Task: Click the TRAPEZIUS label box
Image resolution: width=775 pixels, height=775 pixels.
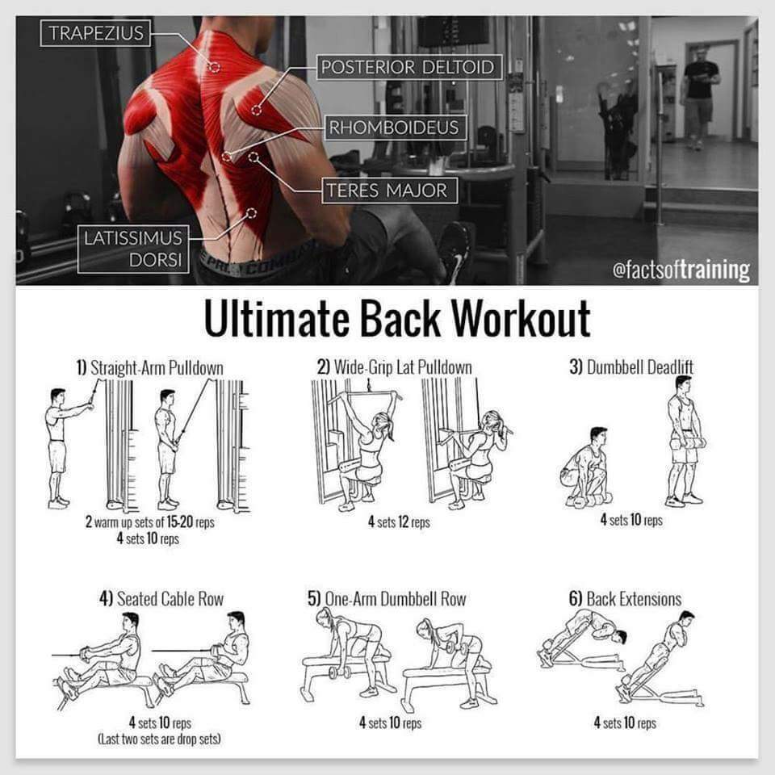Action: coord(95,33)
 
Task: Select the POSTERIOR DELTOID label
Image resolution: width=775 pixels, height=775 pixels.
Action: coord(409,67)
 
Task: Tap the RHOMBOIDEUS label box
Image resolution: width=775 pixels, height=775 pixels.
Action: coord(395,128)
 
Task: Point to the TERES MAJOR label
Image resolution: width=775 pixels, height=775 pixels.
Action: coord(389,191)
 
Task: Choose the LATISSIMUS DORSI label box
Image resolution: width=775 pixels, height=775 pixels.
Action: coord(133,249)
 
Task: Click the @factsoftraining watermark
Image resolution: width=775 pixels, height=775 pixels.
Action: coord(681,270)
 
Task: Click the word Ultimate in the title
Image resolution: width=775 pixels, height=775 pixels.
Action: coord(277,319)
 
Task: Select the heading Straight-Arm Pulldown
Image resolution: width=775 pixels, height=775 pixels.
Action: coord(150,368)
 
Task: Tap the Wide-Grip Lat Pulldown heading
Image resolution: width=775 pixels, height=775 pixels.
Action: coord(395,367)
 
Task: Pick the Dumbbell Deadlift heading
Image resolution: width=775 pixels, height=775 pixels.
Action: coord(631,367)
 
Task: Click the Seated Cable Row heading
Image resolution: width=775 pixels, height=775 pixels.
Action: coord(161,598)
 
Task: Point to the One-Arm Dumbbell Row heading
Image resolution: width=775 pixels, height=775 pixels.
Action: coord(387,598)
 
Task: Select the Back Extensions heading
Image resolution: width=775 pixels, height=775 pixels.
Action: coord(625,598)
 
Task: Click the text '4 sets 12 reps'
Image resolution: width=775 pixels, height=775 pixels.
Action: coord(399,522)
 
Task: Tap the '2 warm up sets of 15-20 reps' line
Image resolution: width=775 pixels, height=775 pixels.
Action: coord(150,522)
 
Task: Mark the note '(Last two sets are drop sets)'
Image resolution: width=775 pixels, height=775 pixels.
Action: coord(160,739)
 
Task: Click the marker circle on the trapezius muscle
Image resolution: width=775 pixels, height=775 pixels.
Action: coord(215,67)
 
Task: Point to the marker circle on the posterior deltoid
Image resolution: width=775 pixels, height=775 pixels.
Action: coord(256,110)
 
